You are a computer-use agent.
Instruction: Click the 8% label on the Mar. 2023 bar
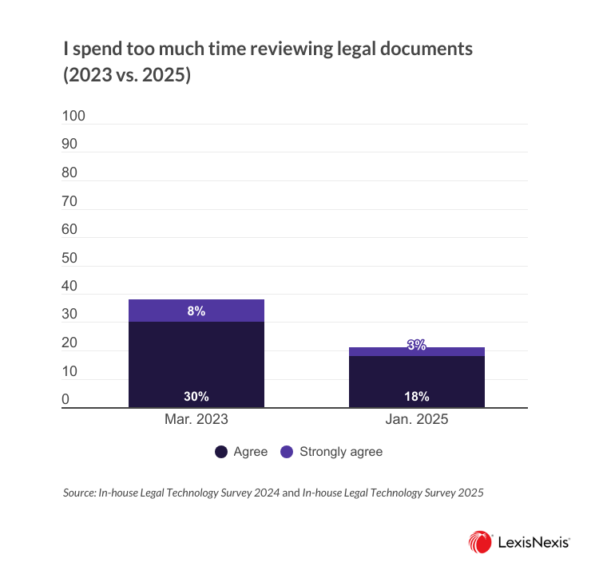click(196, 311)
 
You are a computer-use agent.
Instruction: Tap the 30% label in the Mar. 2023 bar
click(196, 396)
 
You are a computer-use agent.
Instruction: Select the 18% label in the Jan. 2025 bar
click(416, 396)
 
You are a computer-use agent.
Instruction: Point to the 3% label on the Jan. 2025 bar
click(416, 346)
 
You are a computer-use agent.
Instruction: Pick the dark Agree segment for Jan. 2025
click(416, 375)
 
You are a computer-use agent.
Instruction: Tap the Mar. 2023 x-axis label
click(196, 419)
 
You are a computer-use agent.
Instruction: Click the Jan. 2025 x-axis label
click(416, 419)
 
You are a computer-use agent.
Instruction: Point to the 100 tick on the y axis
click(73, 117)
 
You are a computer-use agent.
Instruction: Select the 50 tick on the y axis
click(70, 259)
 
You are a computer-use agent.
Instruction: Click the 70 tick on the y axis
click(70, 202)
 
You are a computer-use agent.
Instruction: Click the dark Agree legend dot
click(220, 452)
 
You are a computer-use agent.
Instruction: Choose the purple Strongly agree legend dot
click(287, 452)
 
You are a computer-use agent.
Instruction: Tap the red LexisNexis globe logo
click(481, 542)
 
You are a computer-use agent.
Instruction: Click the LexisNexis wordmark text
click(534, 542)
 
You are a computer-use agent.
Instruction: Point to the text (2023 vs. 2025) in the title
click(127, 78)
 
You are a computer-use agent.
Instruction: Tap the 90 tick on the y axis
click(70, 145)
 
